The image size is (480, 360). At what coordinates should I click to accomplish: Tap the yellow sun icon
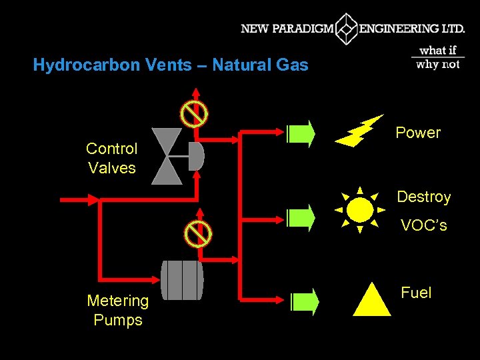[x=360, y=210]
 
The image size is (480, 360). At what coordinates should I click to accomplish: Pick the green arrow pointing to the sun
[x=301, y=217]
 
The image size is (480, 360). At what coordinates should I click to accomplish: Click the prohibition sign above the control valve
[x=195, y=115]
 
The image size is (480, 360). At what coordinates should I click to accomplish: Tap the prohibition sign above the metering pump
[x=198, y=233]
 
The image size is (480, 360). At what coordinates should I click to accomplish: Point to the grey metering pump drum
[x=182, y=280]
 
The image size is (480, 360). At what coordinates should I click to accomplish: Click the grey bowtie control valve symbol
[x=167, y=156]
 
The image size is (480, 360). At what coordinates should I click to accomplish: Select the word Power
[x=418, y=133]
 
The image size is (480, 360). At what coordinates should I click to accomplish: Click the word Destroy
[x=424, y=197]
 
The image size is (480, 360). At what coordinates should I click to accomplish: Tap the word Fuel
[x=416, y=293]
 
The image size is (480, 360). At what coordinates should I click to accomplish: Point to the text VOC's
[x=424, y=226]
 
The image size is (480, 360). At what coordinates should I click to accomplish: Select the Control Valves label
[x=112, y=158]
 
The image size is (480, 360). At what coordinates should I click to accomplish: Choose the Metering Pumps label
[x=118, y=311]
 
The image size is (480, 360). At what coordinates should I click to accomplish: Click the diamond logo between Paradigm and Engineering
[x=347, y=29]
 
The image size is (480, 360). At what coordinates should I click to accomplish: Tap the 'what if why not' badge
[x=438, y=57]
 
